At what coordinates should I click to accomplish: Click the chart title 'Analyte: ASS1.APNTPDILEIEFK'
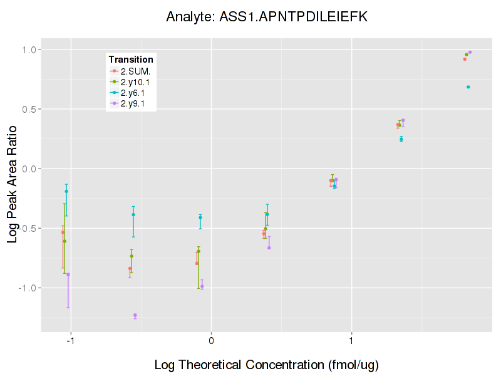point(267,17)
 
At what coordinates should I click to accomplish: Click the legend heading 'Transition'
point(131,59)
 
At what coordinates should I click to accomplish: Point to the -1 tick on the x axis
point(70,341)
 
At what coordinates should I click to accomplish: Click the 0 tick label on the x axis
point(211,341)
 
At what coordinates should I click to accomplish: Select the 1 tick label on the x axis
point(352,341)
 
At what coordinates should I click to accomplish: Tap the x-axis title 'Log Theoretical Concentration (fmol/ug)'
point(266,364)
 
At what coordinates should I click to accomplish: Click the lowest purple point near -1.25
point(135,315)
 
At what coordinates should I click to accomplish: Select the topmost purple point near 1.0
point(470,52)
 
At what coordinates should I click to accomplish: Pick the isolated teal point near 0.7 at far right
point(468,87)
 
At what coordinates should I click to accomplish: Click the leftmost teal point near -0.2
point(66,191)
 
